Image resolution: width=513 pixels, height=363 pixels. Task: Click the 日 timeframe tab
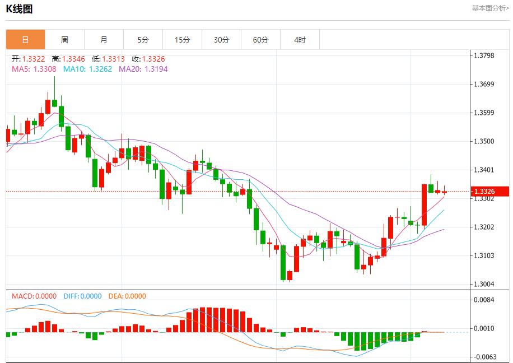[x=25, y=40]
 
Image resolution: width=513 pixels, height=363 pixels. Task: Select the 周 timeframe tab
[x=64, y=40]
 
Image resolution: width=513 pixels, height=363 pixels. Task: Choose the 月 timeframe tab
[x=104, y=40]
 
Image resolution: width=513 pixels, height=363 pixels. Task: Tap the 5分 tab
[x=143, y=40]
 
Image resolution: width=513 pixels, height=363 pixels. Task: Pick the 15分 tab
[x=182, y=40]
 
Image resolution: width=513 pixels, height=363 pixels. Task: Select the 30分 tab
[x=221, y=40]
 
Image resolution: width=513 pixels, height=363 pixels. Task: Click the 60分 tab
[x=260, y=40]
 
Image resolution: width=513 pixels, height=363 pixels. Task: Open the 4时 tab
[x=300, y=40]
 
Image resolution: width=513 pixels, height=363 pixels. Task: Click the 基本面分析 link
[x=490, y=8]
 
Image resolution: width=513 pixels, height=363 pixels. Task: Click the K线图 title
[x=20, y=9]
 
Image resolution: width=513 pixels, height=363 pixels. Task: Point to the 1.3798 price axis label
[x=484, y=55]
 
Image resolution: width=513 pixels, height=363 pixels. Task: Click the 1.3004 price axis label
[x=484, y=284]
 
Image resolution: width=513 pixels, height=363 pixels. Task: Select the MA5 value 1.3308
[x=45, y=69]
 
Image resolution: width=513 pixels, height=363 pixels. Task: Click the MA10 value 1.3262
[x=101, y=69]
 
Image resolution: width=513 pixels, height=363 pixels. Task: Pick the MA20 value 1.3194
[x=156, y=69]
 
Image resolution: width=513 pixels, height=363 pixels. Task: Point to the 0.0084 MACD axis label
[x=484, y=300]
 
